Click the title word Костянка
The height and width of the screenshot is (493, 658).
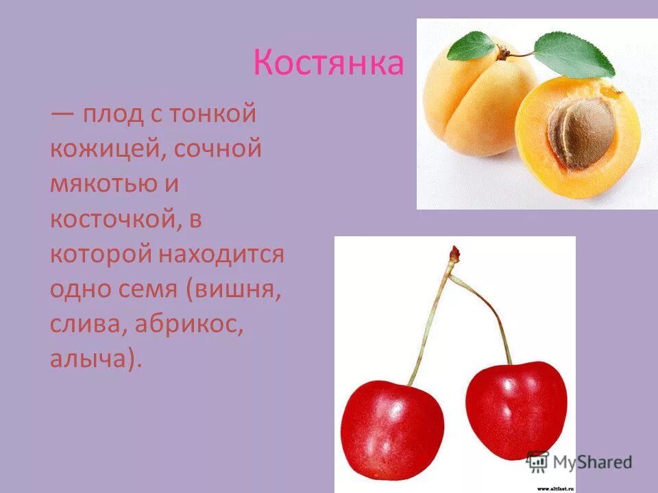328,63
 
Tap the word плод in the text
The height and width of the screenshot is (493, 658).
111,114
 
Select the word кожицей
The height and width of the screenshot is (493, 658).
103,149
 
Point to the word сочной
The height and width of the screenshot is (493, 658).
218,149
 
